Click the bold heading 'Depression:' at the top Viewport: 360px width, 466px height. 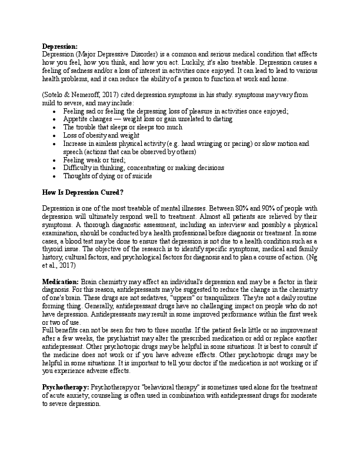[x=59, y=46]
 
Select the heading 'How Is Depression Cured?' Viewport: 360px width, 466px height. [x=83, y=191]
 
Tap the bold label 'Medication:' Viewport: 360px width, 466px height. [x=61, y=283]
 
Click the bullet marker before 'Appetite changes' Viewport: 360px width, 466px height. [x=55, y=119]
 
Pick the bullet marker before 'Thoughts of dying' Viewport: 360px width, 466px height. [x=55, y=176]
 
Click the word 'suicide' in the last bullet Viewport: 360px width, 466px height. [x=141, y=176]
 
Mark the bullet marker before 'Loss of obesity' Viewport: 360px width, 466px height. [x=55, y=135]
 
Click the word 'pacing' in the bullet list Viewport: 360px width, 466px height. [x=248, y=143]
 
